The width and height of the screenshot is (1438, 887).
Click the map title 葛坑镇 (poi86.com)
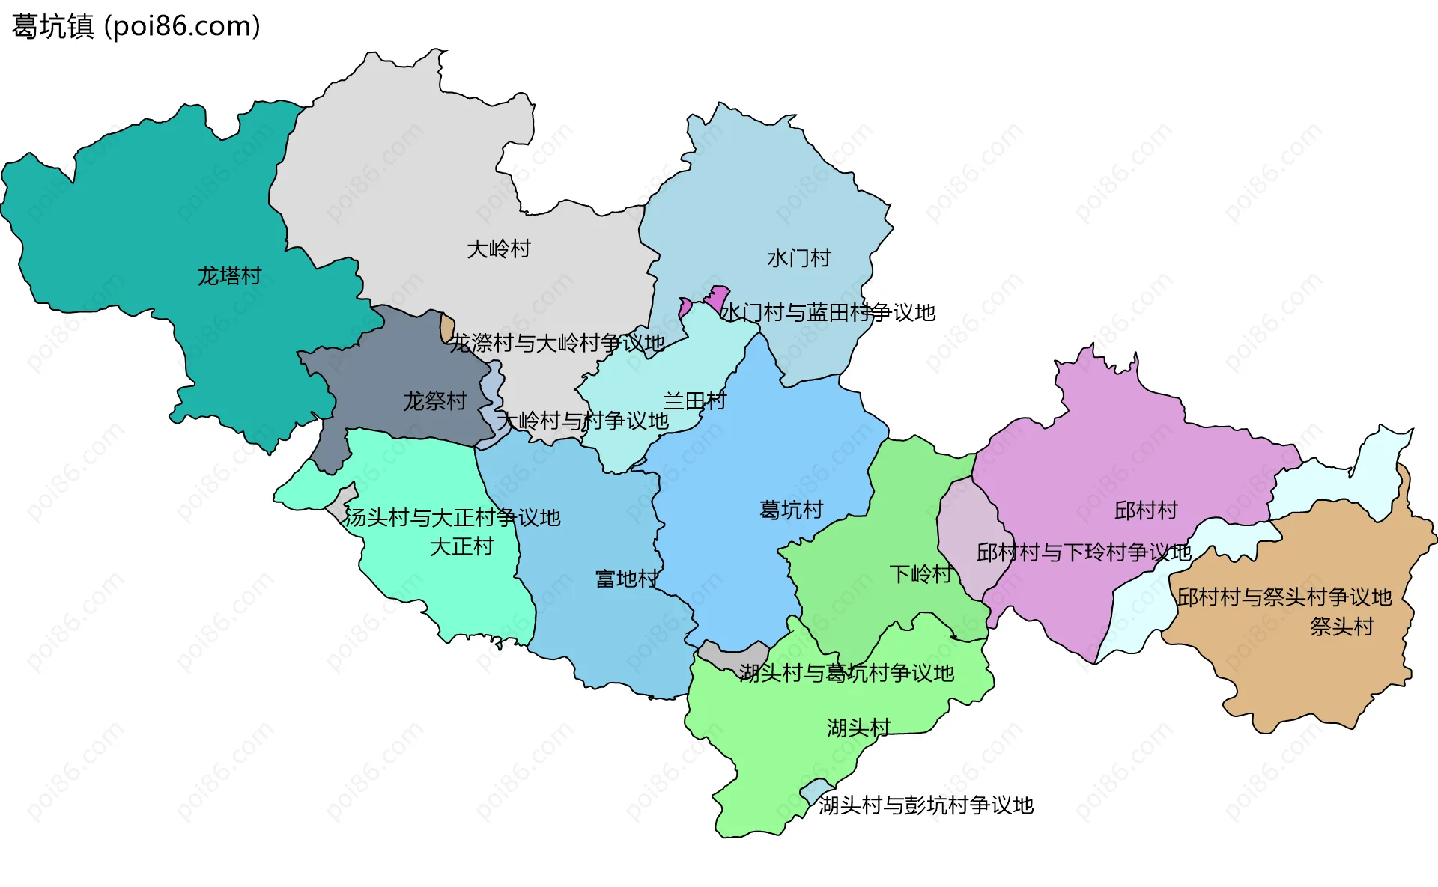pyautogui.click(x=136, y=26)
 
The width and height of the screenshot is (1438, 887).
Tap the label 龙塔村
pyautogui.click(x=229, y=276)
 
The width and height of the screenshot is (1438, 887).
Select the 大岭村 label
pyautogui.click(x=499, y=249)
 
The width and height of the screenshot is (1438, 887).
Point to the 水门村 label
pyautogui.click(x=799, y=258)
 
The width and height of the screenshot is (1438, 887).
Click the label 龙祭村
pyautogui.click(x=435, y=401)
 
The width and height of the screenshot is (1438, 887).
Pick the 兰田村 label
pyautogui.click(x=694, y=401)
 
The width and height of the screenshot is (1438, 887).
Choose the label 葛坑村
pyautogui.click(x=791, y=510)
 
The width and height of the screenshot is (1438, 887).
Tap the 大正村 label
pyautogui.click(x=461, y=546)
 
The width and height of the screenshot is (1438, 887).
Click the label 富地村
pyautogui.click(x=626, y=579)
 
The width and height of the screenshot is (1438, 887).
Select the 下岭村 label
pyautogui.click(x=920, y=574)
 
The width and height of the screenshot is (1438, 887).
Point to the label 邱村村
pyautogui.click(x=1146, y=510)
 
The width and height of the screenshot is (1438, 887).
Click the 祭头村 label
pyautogui.click(x=1342, y=627)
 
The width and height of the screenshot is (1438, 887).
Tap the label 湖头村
pyautogui.click(x=858, y=728)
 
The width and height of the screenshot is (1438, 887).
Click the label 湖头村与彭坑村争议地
pyautogui.click(x=926, y=805)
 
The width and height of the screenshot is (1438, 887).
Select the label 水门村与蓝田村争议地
pyautogui.click(x=828, y=313)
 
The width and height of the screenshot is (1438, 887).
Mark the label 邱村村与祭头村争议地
pyautogui.click(x=1284, y=597)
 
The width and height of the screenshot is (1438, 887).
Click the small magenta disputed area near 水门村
pyautogui.click(x=718, y=298)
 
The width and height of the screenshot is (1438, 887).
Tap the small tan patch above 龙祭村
pyautogui.click(x=447, y=328)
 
